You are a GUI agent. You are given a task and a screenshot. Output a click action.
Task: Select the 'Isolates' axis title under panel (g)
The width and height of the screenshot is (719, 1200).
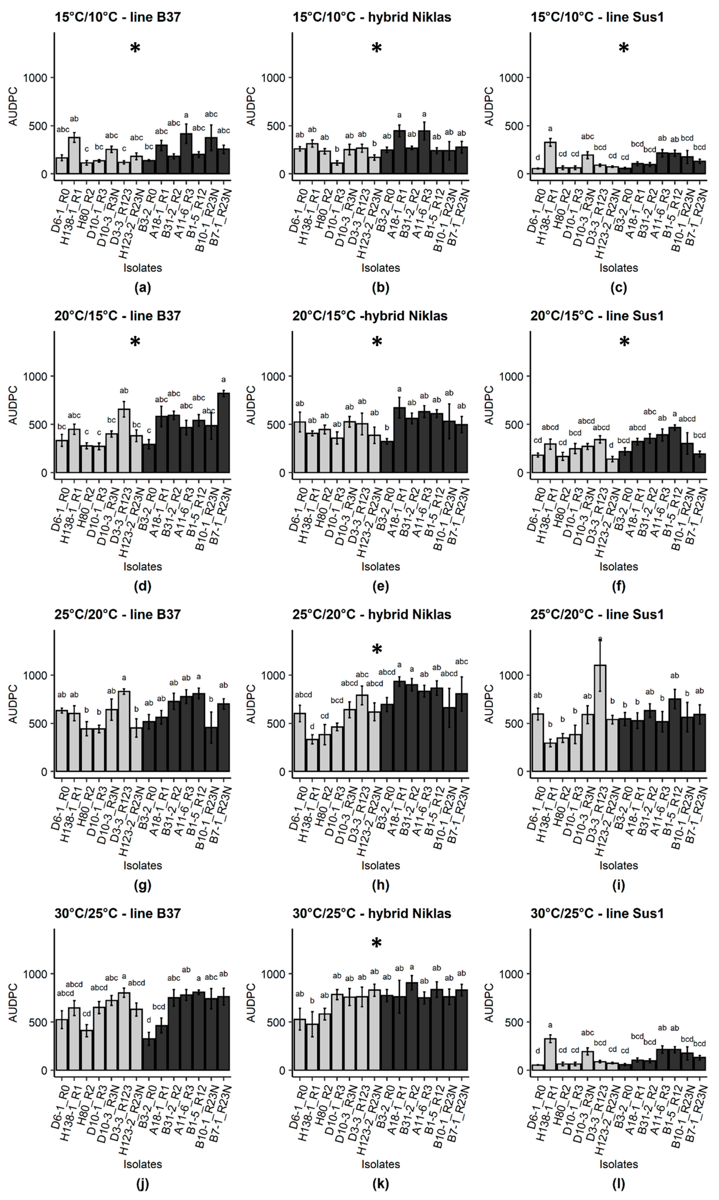click(142, 865)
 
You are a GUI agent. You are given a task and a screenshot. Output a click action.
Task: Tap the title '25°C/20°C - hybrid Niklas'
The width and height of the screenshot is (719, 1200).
click(372, 615)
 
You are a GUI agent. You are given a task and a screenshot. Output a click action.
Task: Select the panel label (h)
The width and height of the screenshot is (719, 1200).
click(380, 885)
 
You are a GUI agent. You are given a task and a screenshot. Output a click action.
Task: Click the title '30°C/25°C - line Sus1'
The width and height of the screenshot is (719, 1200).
click(597, 914)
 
